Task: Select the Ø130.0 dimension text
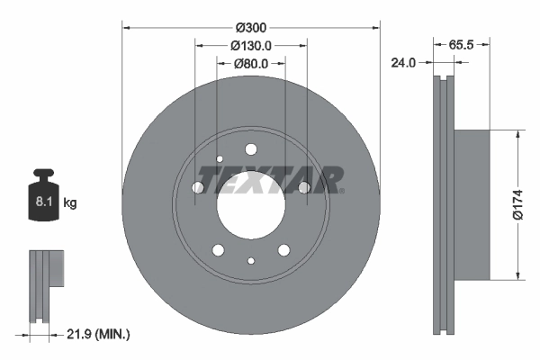[251, 45]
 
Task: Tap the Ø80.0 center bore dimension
[252, 64]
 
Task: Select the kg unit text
[69, 203]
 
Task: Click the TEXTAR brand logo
[270, 180]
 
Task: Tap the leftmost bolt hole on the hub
[198, 187]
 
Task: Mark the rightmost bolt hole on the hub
[304, 187]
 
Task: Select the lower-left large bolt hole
[219, 249]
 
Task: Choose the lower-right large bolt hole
[283, 249]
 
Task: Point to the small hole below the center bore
[251, 261]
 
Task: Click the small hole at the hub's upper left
[220, 160]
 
